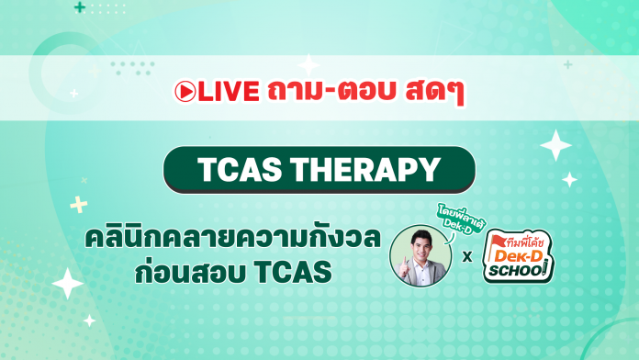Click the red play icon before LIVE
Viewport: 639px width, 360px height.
185,92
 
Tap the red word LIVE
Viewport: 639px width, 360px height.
225,92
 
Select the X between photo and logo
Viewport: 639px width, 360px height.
468,255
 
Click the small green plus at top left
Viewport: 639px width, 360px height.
81,7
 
